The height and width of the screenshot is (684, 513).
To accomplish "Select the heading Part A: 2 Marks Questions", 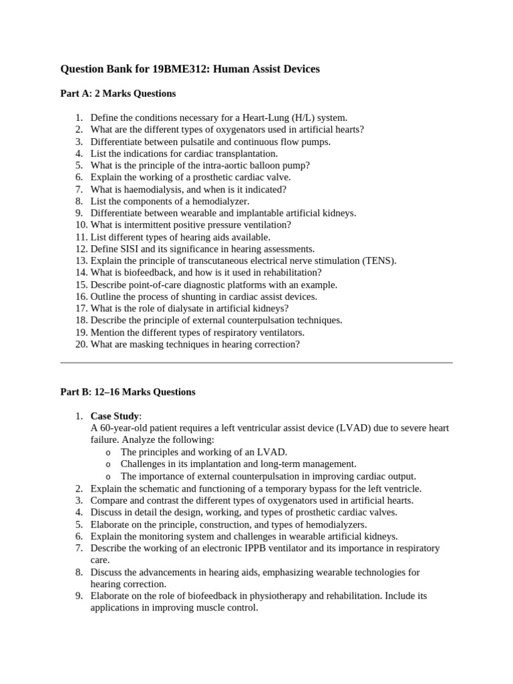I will [118, 94].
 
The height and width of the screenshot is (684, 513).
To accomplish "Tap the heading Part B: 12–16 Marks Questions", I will [128, 392].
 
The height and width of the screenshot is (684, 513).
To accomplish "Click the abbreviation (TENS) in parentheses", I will [379, 261].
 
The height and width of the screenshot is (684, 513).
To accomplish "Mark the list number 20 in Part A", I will [81, 345].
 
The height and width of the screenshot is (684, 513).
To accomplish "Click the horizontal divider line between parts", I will [256, 363].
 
